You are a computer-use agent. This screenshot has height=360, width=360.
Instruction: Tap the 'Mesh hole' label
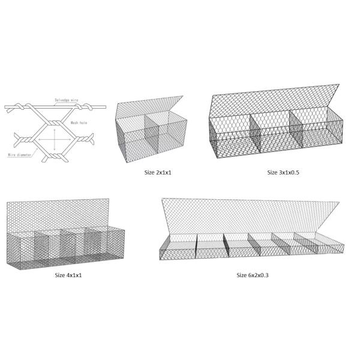[x=80, y=122]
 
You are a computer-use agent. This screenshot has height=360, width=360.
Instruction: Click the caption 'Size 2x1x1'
[x=158, y=172]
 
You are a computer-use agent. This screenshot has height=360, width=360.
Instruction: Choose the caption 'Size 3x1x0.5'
[x=283, y=172]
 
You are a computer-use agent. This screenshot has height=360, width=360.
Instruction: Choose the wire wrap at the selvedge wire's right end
[x=89, y=108]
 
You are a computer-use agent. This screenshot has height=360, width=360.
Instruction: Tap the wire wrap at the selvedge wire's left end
[x=24, y=108]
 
